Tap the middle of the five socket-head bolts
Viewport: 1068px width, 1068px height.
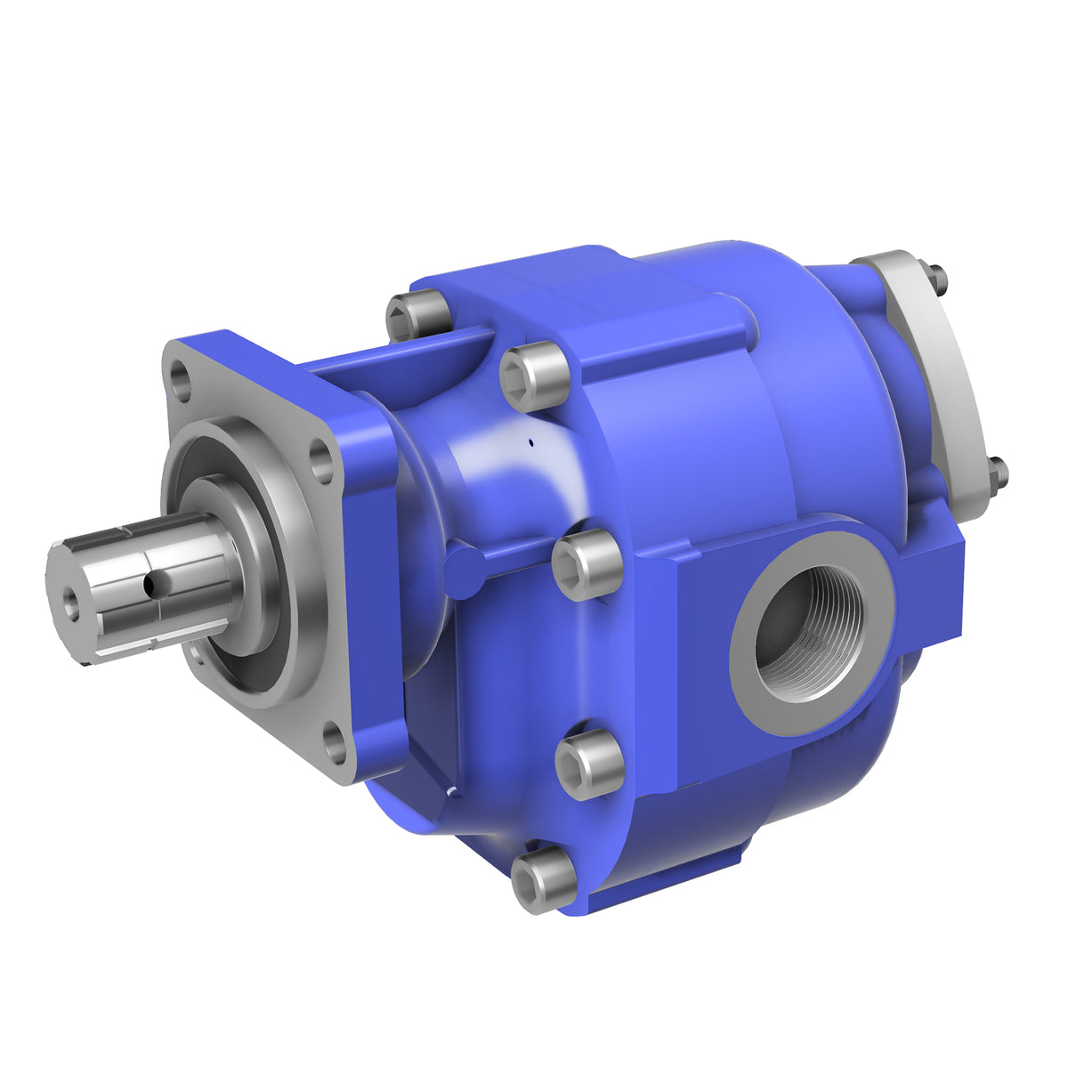(x=586, y=564)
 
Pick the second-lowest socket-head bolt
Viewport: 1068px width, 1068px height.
(x=588, y=765)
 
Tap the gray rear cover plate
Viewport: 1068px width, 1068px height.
(x=934, y=374)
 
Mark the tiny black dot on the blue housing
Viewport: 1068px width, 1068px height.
(x=530, y=440)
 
